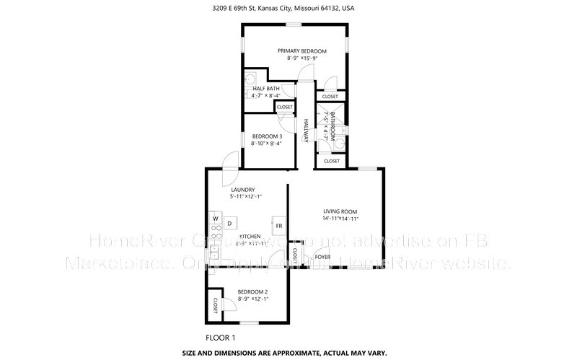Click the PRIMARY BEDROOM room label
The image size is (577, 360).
pos(302,51)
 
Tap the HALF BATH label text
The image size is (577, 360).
pos(265,88)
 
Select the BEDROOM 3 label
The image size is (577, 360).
pos(265,136)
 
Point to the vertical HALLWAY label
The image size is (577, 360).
pos(306,131)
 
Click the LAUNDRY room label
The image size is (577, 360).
pos(242,190)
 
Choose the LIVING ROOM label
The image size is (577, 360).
pos(340,211)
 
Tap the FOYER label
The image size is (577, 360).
pos(322,256)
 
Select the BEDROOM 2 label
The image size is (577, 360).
pos(252,291)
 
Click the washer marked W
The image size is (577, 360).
pos(215,216)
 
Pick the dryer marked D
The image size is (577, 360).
pos(229,224)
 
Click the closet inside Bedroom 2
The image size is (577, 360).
pos(215,305)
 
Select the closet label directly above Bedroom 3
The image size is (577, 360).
pos(284,107)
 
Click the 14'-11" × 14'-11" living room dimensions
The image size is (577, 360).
pos(340,219)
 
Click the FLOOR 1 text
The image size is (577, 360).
pos(220,338)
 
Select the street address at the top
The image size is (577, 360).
pos(288,9)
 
